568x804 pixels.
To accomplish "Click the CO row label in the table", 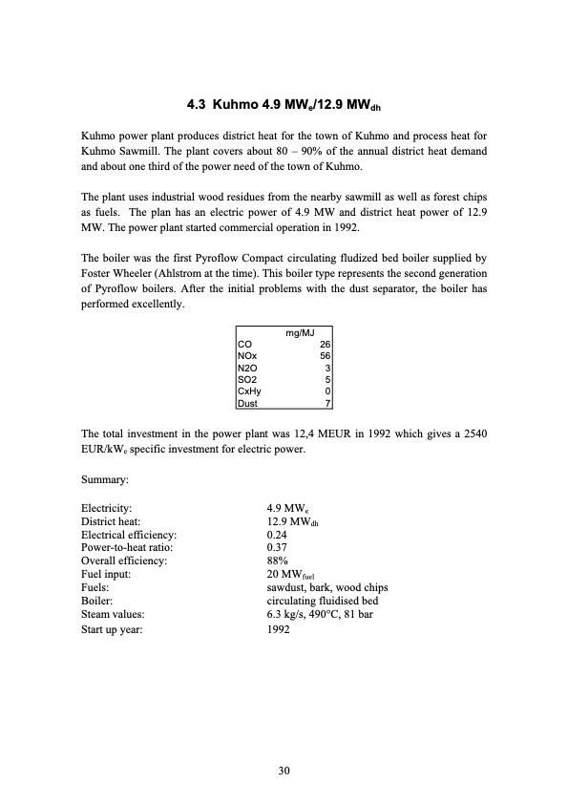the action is coord(243,344).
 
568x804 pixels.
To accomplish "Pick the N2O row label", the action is coord(245,368).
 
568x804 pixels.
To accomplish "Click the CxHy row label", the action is coord(247,391).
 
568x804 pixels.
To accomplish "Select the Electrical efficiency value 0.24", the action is coord(278,537).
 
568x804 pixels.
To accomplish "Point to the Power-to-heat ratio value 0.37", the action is coord(278,548).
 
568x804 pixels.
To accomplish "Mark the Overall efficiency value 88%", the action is coord(278,561).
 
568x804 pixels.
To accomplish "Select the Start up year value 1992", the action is coord(279,630).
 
